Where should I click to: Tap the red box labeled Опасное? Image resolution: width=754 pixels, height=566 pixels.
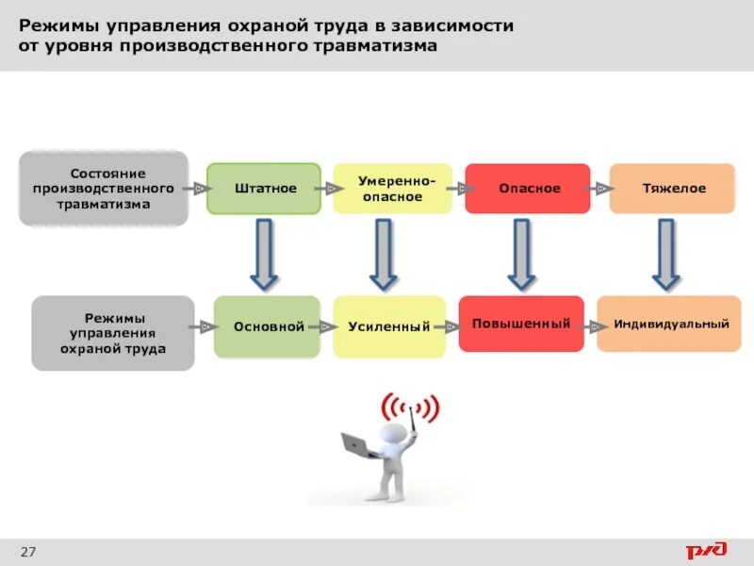point(528,189)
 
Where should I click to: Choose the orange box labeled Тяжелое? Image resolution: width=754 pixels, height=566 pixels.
point(672,189)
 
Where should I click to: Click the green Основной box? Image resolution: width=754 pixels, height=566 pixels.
point(268,326)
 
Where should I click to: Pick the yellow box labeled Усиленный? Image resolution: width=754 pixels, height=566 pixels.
point(388,326)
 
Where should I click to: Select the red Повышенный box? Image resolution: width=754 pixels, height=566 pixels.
point(521,324)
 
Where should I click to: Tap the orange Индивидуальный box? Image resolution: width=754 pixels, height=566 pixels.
point(669,324)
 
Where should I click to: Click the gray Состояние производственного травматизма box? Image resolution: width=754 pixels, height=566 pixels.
point(104,188)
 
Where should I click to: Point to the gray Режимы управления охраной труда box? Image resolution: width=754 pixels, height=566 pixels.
point(113,333)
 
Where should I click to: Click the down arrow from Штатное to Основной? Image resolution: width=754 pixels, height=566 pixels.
point(264,255)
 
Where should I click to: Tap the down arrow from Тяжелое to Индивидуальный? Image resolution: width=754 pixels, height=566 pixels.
point(666,255)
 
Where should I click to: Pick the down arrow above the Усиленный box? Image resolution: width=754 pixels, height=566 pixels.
point(383,255)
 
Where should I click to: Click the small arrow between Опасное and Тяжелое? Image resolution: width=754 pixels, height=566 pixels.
point(600,189)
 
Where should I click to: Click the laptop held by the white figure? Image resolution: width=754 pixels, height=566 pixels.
point(357,443)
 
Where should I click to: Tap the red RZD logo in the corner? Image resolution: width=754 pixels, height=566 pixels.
point(705,550)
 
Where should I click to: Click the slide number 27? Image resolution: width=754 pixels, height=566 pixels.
point(27,551)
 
